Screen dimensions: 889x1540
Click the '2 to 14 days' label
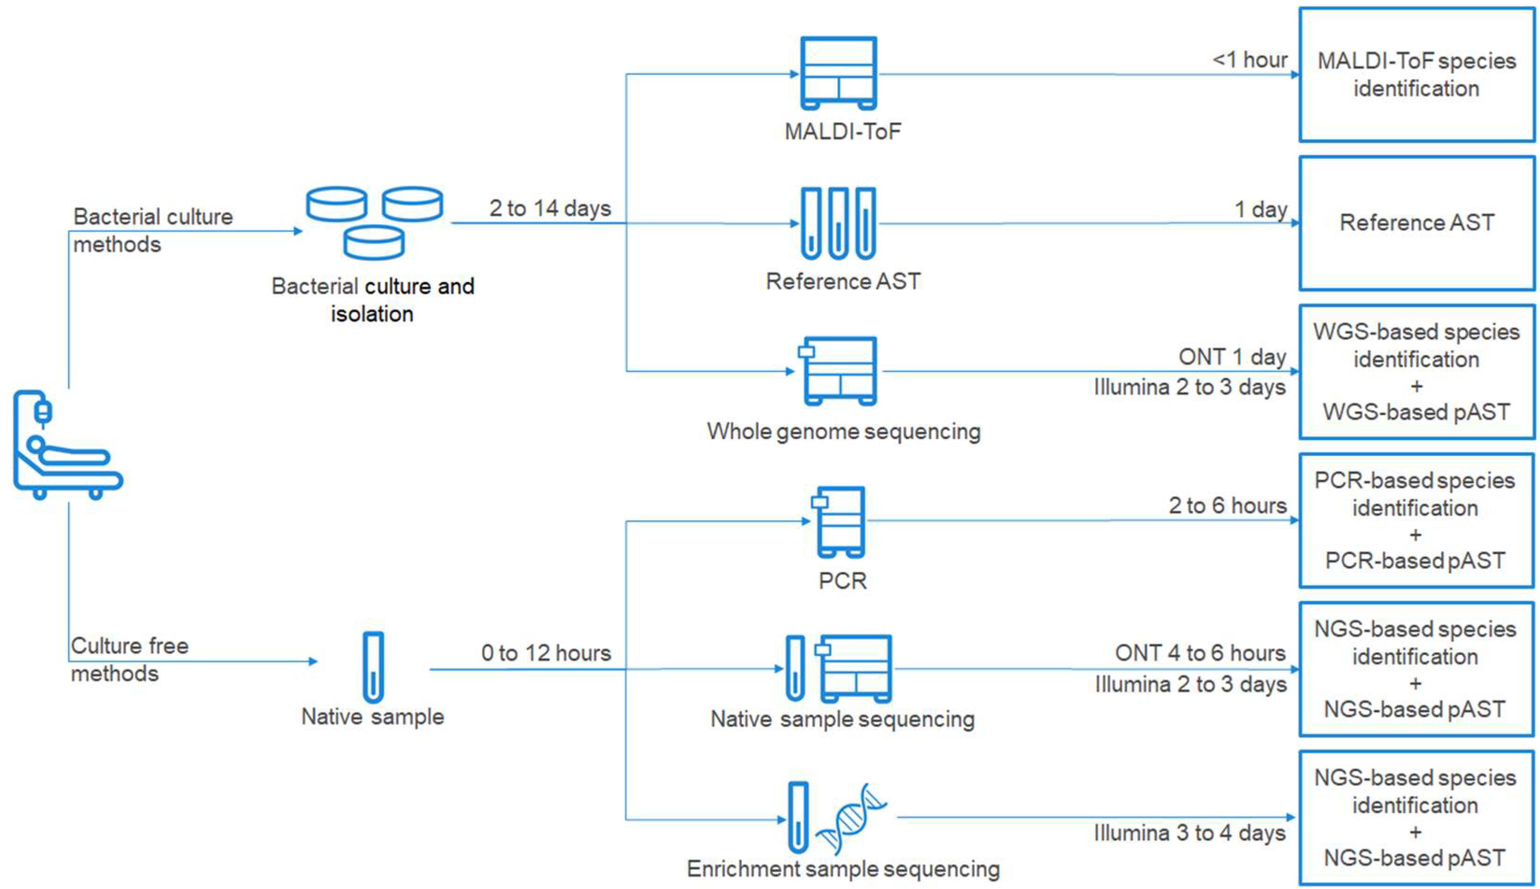click(x=549, y=208)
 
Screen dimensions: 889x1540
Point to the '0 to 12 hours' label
click(x=545, y=653)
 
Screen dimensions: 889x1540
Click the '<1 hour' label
click(x=1249, y=60)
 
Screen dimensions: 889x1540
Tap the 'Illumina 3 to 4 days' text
click(x=1189, y=833)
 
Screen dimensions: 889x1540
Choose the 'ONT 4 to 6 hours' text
click(x=1200, y=653)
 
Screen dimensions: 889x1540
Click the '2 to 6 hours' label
click(x=1227, y=505)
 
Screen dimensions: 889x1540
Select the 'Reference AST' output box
click(x=1416, y=223)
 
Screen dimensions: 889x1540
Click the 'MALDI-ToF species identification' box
click(x=1416, y=74)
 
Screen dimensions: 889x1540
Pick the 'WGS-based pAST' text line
click(x=1416, y=412)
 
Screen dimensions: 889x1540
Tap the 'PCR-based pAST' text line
click(x=1415, y=561)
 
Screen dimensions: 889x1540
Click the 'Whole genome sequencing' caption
click(x=843, y=431)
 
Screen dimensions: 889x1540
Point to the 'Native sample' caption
click(x=372, y=716)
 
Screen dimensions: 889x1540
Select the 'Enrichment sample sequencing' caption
click(x=843, y=868)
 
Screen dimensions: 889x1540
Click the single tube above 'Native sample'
click(x=373, y=668)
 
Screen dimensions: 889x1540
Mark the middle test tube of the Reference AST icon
click(x=838, y=223)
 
